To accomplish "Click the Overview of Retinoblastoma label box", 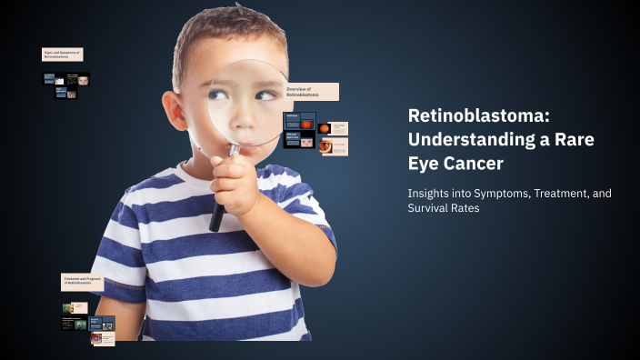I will click(311, 92).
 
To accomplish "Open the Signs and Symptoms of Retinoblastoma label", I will click(62, 55).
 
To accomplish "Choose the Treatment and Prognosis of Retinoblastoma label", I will click(82, 282).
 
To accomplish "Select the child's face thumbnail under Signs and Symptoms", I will click(83, 79).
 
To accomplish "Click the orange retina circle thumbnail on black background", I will click(324, 128).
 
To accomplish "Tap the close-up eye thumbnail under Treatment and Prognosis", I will click(95, 338).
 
